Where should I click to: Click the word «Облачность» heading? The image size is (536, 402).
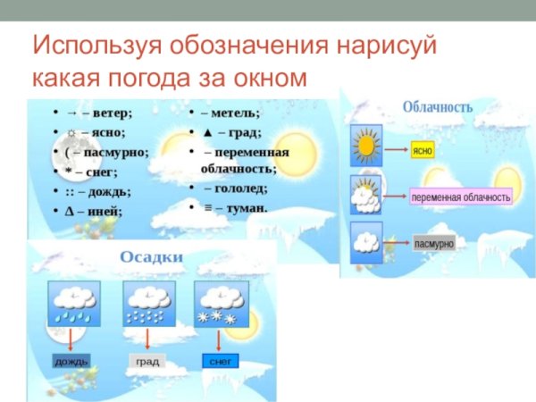pos(437,107)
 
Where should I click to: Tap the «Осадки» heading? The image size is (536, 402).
pos(152,257)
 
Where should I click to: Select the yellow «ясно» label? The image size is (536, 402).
pos(423,151)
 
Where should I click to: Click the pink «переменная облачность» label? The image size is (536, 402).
pos(461,197)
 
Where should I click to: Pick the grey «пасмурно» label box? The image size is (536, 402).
pos(434,243)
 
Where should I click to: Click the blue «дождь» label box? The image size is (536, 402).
pos(71,361)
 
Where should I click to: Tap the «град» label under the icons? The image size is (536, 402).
pos(147,361)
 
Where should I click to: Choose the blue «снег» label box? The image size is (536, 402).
pos(219,361)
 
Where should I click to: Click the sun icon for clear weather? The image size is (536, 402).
pos(366,147)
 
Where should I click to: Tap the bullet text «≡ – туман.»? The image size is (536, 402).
pos(235,207)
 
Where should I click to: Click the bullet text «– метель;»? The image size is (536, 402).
pos(230,113)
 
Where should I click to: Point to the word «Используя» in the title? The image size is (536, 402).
pos(94,46)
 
